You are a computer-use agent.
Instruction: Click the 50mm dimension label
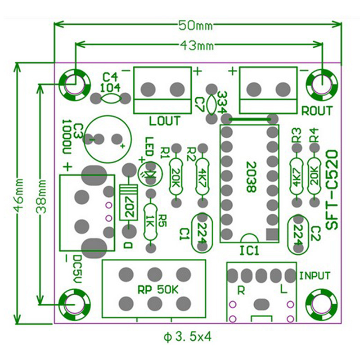[x=195, y=26]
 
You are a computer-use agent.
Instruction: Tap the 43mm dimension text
[x=195, y=45]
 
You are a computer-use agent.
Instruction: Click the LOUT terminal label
[x=165, y=121]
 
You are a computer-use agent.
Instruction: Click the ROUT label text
[x=317, y=111]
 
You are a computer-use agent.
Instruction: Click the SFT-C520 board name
[x=332, y=189]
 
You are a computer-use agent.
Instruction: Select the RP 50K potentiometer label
[x=158, y=290]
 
